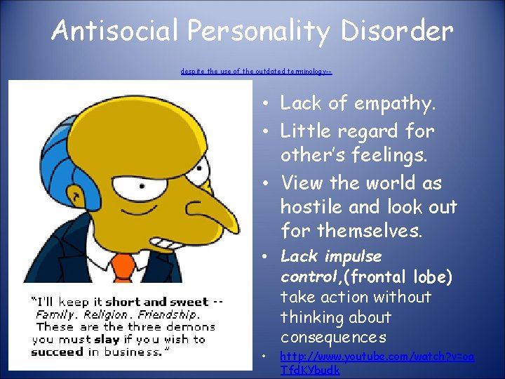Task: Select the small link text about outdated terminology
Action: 256,72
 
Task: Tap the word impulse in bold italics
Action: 353,256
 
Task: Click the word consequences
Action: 333,338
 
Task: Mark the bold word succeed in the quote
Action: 58,351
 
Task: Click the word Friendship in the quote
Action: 168,314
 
